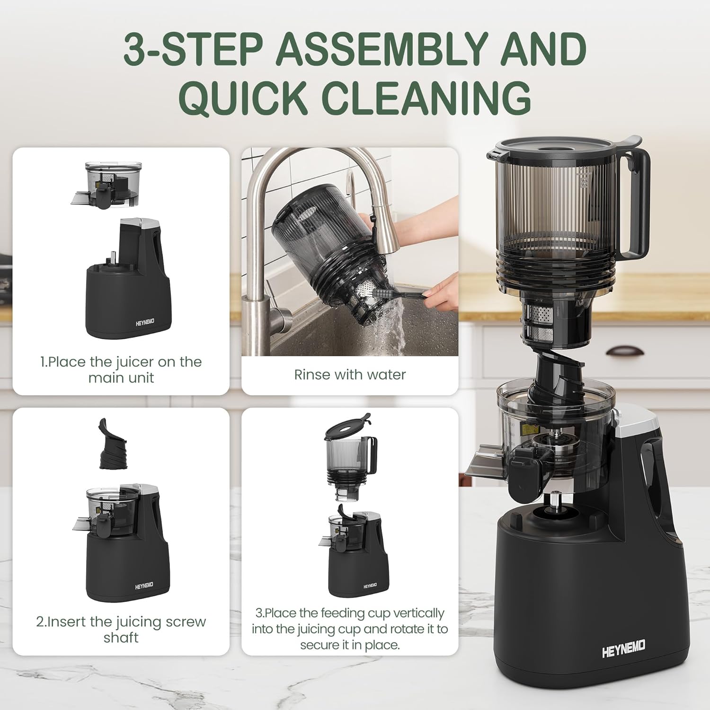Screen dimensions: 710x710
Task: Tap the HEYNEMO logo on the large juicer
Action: [x=623, y=649]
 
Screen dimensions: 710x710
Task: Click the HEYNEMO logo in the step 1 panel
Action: [x=145, y=322]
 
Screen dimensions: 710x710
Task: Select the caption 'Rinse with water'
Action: [x=350, y=375]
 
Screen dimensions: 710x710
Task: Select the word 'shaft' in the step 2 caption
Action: [x=121, y=638]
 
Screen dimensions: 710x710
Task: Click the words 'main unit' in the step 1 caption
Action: [x=121, y=378]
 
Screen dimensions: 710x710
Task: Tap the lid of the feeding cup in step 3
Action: [x=347, y=426]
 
